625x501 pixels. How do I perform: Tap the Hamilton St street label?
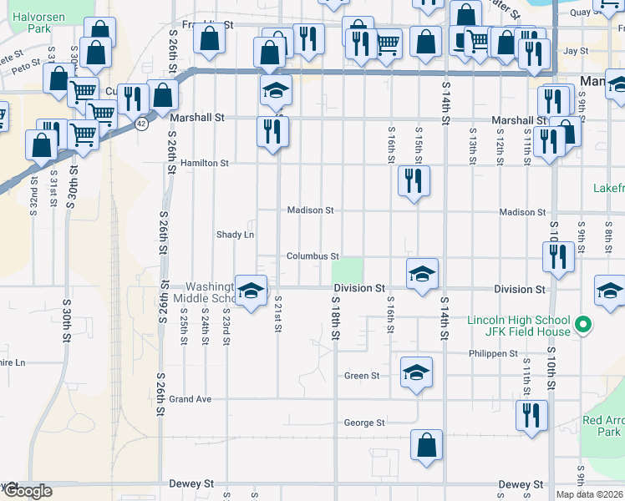pos(204,164)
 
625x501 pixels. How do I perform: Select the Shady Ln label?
pos(235,235)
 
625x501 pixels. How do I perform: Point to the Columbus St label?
pos(312,256)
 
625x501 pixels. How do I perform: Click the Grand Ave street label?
pos(190,399)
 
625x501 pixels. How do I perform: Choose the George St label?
pos(364,423)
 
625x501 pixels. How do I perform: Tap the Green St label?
pos(362,376)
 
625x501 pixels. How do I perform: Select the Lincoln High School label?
pos(518,321)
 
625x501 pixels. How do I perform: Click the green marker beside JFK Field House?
pos(585,325)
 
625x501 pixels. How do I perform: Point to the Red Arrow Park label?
pos(603,426)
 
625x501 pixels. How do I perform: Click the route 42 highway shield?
pos(142,124)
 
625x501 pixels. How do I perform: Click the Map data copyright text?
pos(590,494)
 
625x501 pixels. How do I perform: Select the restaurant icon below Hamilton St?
pos(414,181)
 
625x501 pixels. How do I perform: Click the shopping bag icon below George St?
pos(426,445)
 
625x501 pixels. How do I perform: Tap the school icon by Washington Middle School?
pos(250,290)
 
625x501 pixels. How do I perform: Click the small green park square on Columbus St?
pos(348,271)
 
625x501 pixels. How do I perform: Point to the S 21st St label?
pos(277,314)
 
